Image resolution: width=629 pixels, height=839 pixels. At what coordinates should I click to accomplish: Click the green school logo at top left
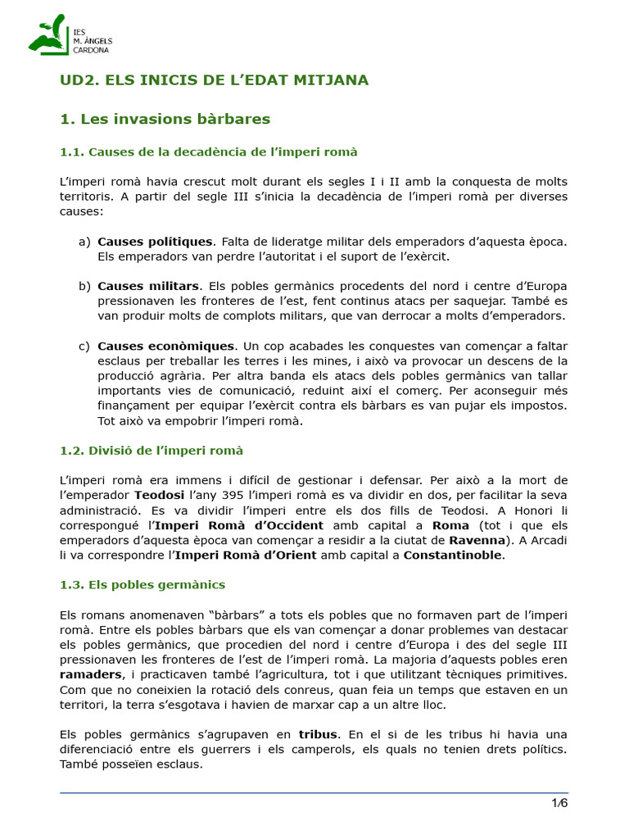[48, 35]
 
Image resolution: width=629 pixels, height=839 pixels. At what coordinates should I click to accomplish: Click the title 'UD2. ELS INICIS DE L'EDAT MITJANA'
[215, 80]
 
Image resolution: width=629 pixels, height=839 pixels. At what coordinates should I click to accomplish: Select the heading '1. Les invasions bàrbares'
[165, 120]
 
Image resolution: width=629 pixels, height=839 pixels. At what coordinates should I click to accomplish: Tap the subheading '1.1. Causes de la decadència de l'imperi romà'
[209, 152]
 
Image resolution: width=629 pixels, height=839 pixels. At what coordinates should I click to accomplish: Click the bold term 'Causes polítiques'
[155, 242]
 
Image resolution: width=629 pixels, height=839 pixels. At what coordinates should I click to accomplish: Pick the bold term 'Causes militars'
[148, 287]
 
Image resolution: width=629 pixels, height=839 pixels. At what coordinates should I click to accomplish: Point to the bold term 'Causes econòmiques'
[166, 346]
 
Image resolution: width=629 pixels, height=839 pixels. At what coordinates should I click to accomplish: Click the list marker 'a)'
[84, 242]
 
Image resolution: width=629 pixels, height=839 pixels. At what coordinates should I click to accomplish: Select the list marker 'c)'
[84, 346]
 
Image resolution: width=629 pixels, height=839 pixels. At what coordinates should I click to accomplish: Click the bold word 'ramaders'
[91, 674]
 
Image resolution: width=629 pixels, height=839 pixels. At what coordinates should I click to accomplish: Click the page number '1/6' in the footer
[559, 803]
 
